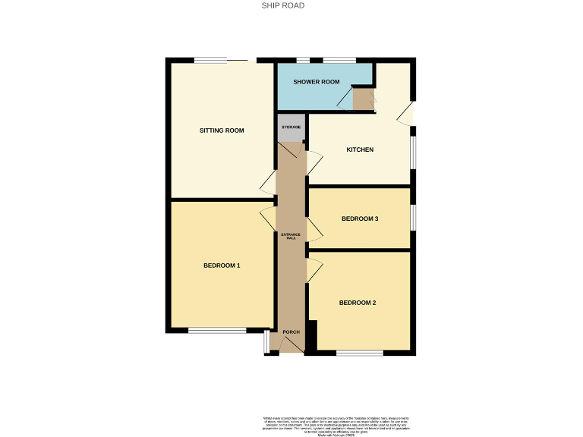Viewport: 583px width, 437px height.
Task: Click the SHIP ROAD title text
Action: tap(284, 5)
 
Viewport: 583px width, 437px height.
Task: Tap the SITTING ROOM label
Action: tap(222, 130)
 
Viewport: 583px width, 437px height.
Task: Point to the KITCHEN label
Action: tap(360, 149)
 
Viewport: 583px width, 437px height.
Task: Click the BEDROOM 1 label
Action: tap(222, 266)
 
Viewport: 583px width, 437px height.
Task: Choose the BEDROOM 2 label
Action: tap(358, 303)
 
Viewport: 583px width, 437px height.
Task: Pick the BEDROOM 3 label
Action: tap(360, 219)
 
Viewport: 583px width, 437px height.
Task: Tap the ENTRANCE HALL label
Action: tap(291, 236)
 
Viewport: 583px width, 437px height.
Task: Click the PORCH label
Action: tap(291, 332)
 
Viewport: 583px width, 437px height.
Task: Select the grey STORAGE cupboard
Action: tap(291, 129)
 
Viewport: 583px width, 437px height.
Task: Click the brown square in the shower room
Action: tap(363, 99)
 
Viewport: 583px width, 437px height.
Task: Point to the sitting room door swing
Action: tap(268, 182)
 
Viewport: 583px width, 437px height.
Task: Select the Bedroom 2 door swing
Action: tap(314, 269)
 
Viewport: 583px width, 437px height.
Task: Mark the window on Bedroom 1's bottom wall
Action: tap(217, 330)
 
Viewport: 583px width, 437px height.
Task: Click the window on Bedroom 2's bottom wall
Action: tap(360, 353)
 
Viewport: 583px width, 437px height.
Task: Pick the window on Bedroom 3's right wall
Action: tap(413, 217)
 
